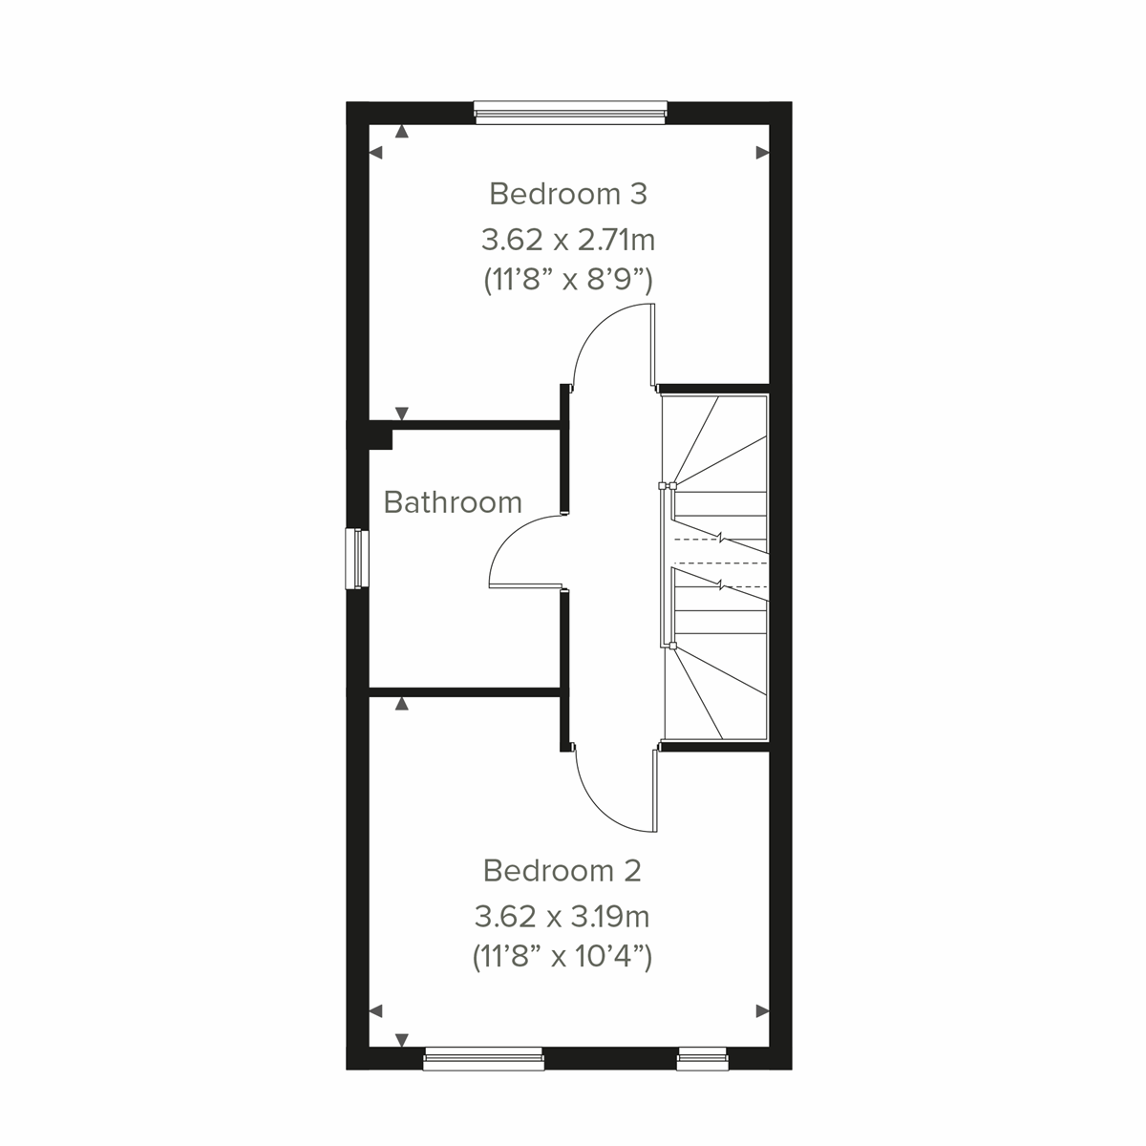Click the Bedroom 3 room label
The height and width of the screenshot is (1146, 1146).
click(567, 194)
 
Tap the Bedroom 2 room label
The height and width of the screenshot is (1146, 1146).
click(562, 871)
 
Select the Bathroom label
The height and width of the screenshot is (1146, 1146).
click(453, 502)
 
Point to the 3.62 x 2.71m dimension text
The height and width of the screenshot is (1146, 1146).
click(567, 238)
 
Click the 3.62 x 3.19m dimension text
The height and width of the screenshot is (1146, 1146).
click(562, 918)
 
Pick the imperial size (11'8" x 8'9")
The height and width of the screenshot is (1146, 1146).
click(567, 281)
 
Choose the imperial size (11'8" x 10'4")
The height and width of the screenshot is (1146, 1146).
click(562, 957)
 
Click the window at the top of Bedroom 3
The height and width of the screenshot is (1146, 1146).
click(570, 113)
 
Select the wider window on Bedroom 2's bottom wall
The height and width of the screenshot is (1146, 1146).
click(483, 1057)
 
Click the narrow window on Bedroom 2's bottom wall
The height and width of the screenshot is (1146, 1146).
click(702, 1057)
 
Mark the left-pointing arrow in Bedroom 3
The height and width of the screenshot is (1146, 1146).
click(375, 152)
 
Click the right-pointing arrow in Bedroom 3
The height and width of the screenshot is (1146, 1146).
click(762, 152)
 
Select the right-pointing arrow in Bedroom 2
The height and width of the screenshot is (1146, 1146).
click(762, 1010)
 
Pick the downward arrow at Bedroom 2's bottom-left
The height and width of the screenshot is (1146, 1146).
click(402, 1039)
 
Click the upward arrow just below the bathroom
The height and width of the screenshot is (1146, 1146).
click(402, 704)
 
